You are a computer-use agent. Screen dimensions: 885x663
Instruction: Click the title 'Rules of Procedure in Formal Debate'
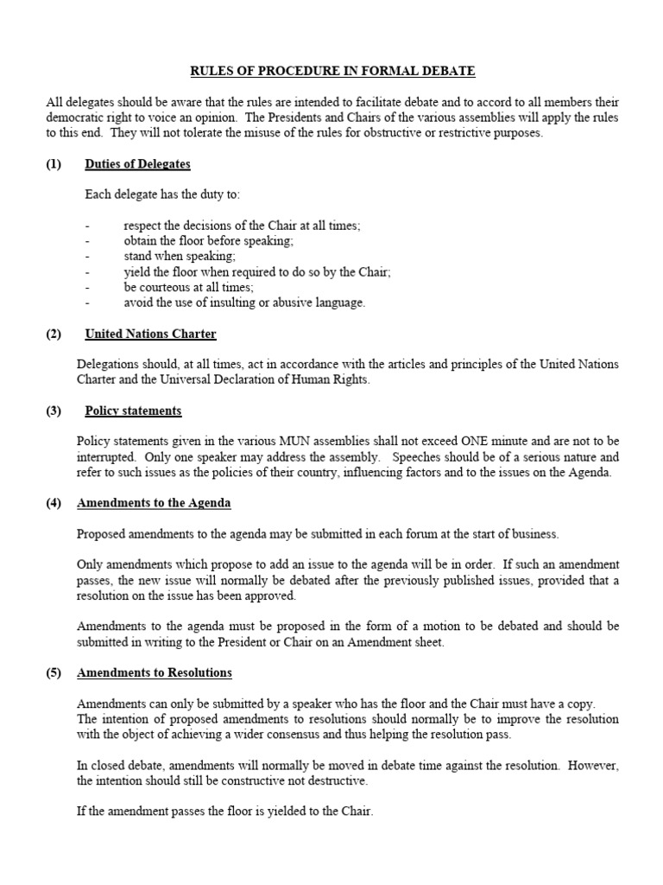coord(332,70)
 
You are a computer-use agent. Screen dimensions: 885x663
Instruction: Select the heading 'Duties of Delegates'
coord(137,163)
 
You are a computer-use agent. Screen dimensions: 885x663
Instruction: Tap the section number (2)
coord(54,333)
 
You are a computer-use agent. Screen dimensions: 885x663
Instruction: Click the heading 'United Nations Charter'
coord(150,333)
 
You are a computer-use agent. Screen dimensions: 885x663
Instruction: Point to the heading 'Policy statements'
coord(133,411)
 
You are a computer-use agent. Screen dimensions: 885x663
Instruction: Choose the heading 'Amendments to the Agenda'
coord(154,502)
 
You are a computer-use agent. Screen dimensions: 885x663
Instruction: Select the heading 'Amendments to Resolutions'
coord(155,672)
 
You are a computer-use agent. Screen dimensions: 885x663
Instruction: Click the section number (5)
coord(54,672)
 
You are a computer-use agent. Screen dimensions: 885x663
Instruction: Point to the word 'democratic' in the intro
coord(75,117)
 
